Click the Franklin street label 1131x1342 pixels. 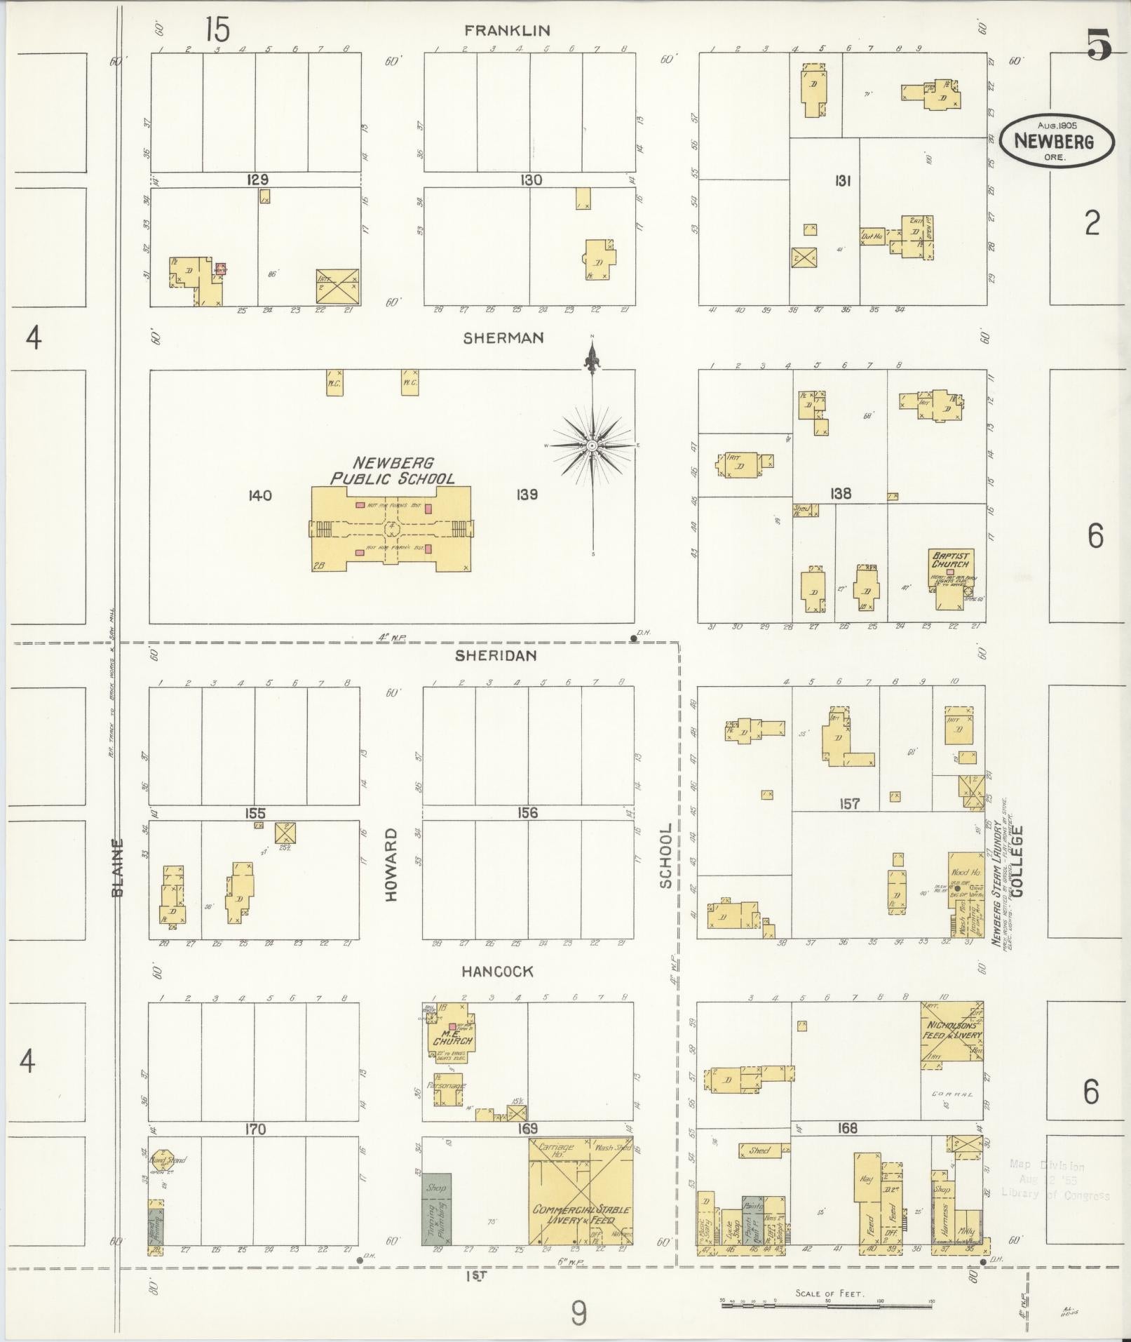tap(507, 30)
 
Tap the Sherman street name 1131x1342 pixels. tap(503, 338)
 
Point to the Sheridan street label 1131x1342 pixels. tap(496, 655)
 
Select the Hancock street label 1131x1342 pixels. tap(497, 972)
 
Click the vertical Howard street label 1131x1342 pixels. tap(391, 865)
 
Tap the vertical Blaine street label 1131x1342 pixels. tap(118, 868)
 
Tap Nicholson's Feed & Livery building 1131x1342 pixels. tap(951, 1034)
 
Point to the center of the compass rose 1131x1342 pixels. tap(592, 445)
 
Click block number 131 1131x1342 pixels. tap(842, 181)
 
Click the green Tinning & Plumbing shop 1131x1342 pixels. tap(436, 1209)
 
